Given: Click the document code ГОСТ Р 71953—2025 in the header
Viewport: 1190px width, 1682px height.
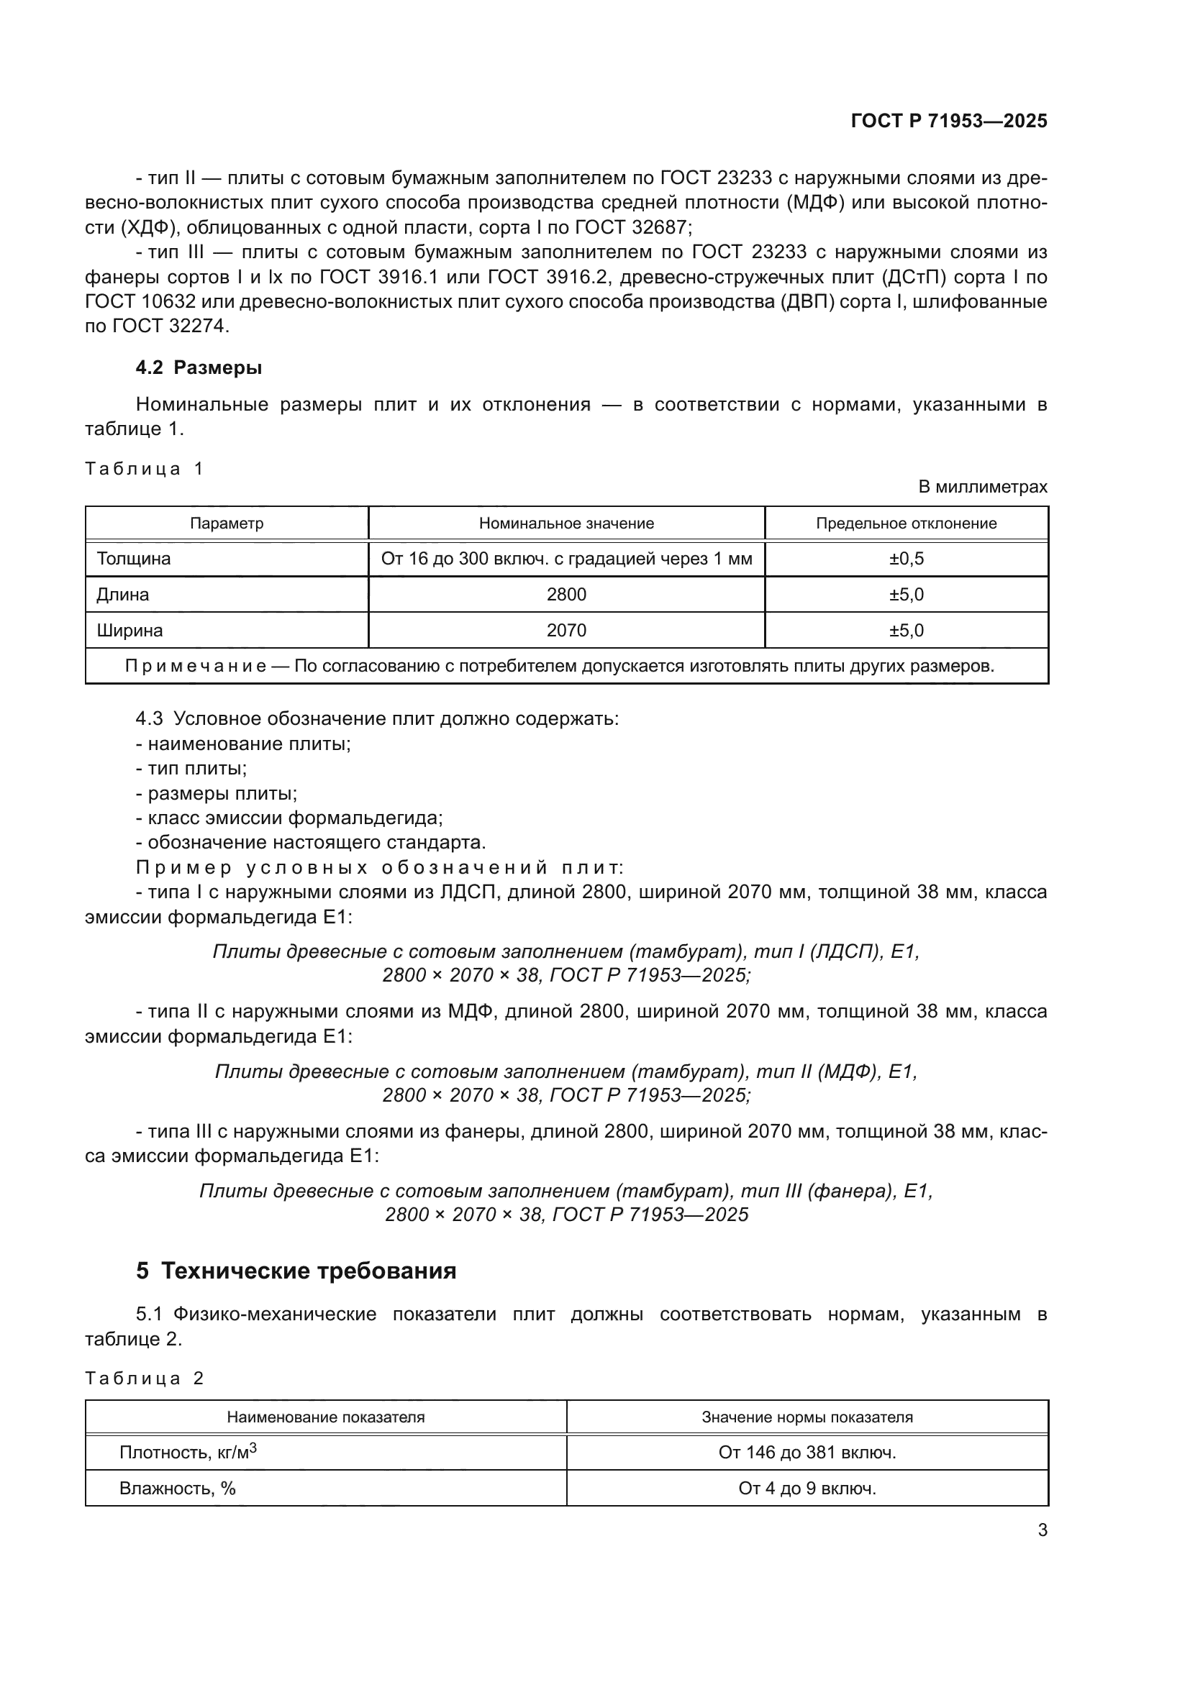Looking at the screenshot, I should coord(949,121).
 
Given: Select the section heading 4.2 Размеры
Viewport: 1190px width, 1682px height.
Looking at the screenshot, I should coord(199,367).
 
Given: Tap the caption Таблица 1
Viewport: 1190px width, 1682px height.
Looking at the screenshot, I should coord(145,469).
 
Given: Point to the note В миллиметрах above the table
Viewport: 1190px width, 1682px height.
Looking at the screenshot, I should coord(983,486).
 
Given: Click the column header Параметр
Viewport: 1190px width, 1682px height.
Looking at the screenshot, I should coord(227,524).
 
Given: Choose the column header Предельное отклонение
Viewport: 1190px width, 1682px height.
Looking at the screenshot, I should coord(907,524).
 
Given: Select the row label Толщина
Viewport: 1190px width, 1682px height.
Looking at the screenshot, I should coord(133,559).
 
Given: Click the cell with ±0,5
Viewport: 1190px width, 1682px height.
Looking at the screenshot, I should coord(907,559).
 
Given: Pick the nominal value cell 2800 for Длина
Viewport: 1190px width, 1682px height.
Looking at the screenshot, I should coord(566,595).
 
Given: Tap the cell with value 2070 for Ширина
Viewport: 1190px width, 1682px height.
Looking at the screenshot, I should coord(566,631).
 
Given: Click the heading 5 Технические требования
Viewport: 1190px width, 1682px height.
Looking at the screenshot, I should coord(296,1271).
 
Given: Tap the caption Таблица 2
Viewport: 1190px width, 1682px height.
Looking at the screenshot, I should coord(145,1379).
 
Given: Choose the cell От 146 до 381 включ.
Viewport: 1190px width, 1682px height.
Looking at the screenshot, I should coord(807,1453).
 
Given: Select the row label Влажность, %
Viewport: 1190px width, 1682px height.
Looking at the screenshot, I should coord(177,1489).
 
